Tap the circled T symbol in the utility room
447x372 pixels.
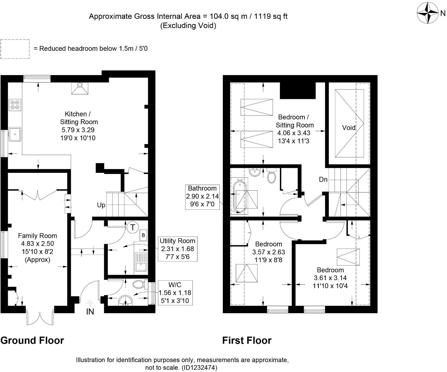pyautogui.click(x=132, y=227)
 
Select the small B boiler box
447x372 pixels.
pyautogui.click(x=143, y=235)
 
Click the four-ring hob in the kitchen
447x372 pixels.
pyautogui.click(x=15, y=105)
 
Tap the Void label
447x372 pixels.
pyautogui.click(x=349, y=128)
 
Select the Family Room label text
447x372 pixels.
pyautogui.click(x=37, y=236)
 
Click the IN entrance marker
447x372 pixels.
pyautogui.click(x=90, y=312)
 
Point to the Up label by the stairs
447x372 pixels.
pyautogui.click(x=101, y=205)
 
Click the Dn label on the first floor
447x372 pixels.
pyautogui.click(x=323, y=179)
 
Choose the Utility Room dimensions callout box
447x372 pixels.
pyautogui.click(x=177, y=249)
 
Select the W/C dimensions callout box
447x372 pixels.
pyautogui.click(x=175, y=292)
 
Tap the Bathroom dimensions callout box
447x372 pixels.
pyautogui.click(x=202, y=196)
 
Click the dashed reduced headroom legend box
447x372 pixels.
pyautogui.click(x=15, y=49)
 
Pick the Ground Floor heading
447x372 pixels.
pyautogui.click(x=32, y=340)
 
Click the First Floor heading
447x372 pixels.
pyautogui.click(x=247, y=340)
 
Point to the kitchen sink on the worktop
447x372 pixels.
pyautogui.click(x=15, y=134)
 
